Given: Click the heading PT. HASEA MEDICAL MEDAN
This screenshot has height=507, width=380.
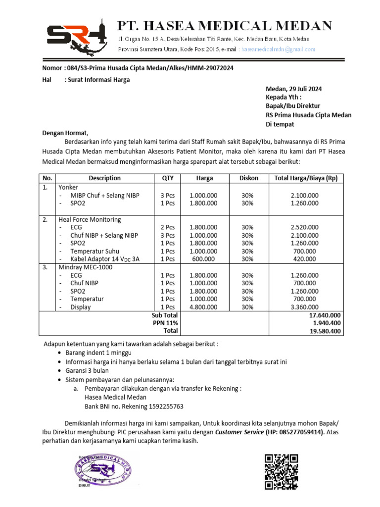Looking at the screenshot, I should pos(224,25).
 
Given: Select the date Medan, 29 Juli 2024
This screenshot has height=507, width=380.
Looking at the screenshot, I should pos(294,89).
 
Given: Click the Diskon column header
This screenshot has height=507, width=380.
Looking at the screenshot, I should pos(248,178).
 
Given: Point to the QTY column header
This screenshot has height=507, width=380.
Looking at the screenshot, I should pos(168,178).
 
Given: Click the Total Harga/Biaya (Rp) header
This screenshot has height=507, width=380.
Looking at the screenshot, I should pos(306,178).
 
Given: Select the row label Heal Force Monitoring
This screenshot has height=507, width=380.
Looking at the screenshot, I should pos(89,219).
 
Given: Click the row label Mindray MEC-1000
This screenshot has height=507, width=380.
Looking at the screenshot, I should pos(85,267).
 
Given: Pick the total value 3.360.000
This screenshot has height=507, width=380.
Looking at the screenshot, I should pos(306,307).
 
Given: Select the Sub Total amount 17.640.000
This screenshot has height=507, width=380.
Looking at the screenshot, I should pos(325,315).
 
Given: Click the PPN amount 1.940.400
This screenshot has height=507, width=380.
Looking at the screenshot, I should pos(327,323).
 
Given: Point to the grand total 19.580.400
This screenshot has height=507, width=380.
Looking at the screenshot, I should pos(325,331).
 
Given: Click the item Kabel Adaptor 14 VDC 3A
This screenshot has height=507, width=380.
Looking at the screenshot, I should pos(105,259).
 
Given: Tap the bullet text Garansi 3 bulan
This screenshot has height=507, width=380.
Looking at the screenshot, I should pos(87,371).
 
